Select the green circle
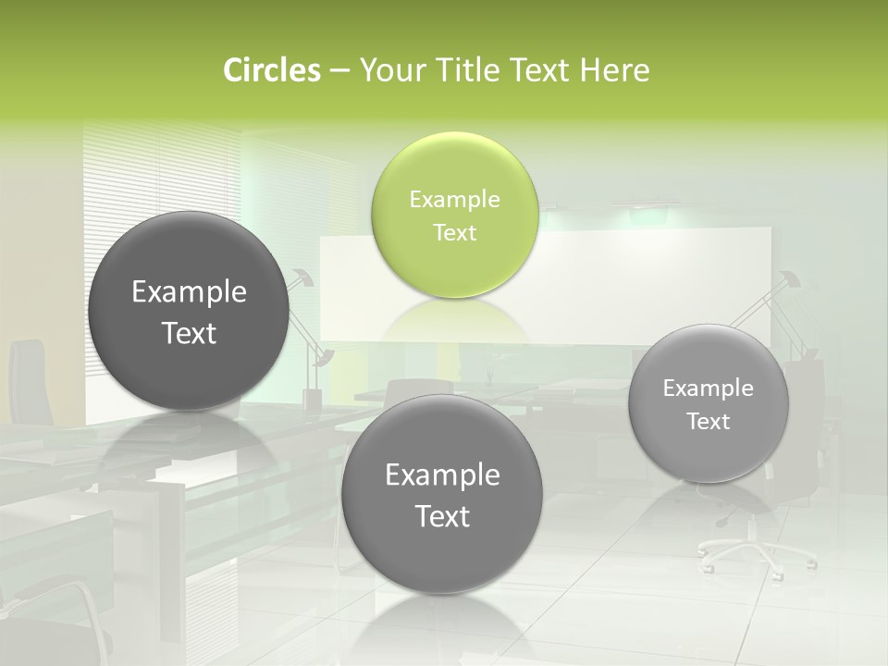click(454, 215)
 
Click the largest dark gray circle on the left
click(189, 311)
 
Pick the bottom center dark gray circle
click(442, 494)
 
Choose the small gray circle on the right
click(708, 403)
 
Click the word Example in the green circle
click(454, 199)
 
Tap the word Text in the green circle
click(454, 232)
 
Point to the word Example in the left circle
click(189, 292)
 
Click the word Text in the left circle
click(189, 333)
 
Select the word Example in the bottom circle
click(442, 475)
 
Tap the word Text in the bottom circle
click(442, 516)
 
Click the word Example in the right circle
click(708, 388)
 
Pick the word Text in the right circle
click(708, 422)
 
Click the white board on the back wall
click(647, 268)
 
